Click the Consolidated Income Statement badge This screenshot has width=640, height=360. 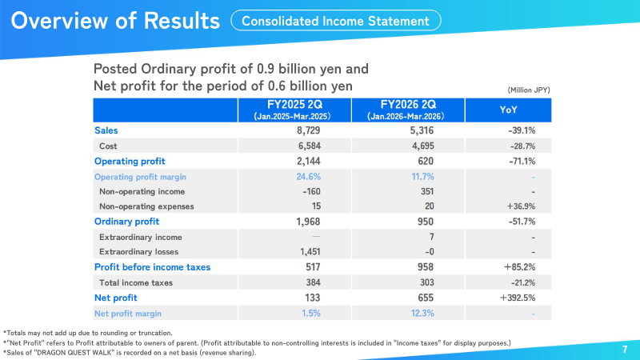click(335, 21)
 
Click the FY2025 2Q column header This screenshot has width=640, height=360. click(294, 110)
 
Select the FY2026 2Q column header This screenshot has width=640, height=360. click(408, 110)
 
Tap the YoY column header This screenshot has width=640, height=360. click(508, 110)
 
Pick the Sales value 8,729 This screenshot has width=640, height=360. click(309, 130)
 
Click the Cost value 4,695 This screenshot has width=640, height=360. click(423, 146)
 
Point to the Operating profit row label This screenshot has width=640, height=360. click(130, 162)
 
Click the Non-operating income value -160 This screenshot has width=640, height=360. click(311, 191)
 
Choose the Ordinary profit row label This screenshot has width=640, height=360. click(127, 222)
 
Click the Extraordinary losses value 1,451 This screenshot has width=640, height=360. click(310, 252)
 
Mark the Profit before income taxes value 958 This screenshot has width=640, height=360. click(426, 267)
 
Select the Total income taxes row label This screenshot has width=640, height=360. click(136, 282)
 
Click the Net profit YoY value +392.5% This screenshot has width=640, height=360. click(518, 298)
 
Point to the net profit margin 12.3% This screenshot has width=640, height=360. click(422, 313)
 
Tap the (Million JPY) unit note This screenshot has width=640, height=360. click(529, 90)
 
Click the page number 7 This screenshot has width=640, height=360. click(625, 349)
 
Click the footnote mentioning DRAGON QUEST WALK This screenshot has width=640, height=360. click(130, 353)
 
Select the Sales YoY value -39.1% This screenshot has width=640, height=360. click(522, 130)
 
